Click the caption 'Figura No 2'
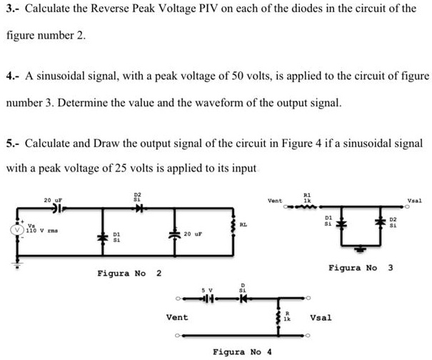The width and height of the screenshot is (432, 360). point(129,274)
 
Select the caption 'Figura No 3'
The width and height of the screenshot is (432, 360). point(361,267)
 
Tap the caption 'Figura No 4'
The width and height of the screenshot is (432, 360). point(243,351)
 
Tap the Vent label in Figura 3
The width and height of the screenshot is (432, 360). point(276,201)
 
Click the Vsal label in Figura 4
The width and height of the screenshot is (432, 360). point(321,316)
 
